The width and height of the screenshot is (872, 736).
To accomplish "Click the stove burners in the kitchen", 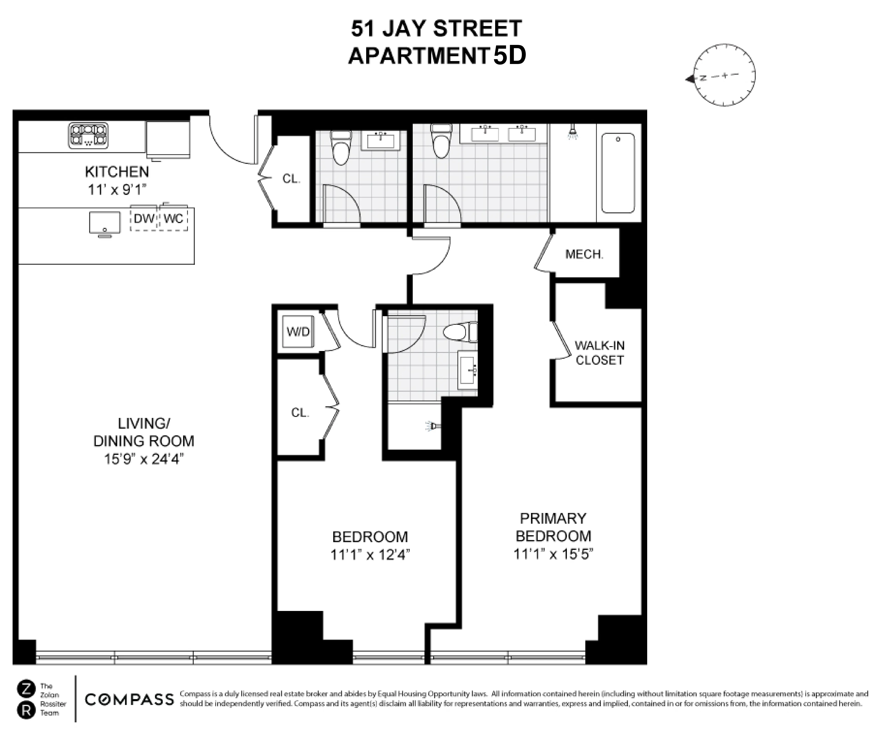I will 88,135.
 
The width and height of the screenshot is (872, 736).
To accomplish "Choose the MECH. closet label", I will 584,254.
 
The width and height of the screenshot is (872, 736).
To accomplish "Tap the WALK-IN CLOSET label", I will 599,353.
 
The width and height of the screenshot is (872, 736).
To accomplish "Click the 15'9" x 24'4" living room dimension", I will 144,459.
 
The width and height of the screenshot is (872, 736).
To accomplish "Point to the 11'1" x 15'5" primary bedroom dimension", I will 553,554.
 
